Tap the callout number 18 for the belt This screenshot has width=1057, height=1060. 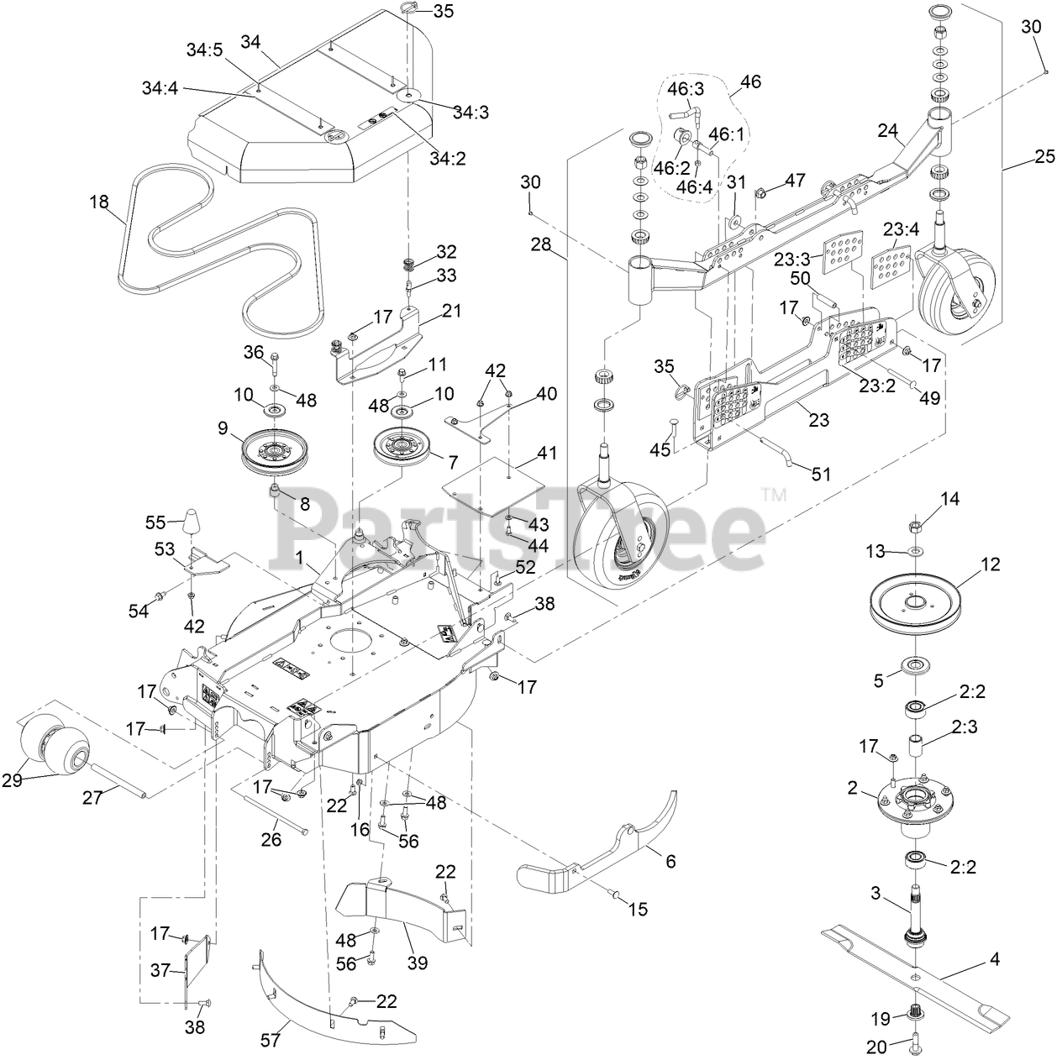click(100, 201)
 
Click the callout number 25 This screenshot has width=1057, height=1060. click(1044, 156)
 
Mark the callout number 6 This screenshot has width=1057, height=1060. click(669, 861)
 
